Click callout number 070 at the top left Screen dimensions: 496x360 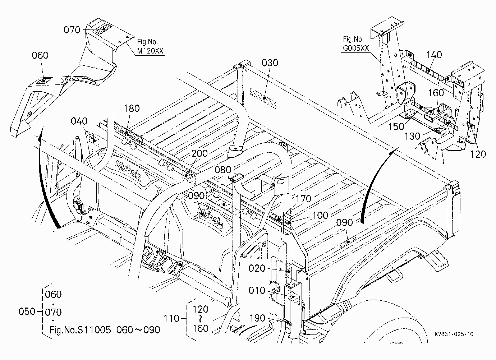coord(72,30)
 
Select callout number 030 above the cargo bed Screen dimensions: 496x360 coord(270,63)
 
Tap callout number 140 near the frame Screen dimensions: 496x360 coord(434,55)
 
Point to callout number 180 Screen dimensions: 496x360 coord(132,109)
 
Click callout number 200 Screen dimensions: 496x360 coord(199,153)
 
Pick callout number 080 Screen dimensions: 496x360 coord(223,170)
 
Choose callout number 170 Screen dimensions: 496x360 coord(303,199)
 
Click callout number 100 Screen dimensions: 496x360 coord(320,216)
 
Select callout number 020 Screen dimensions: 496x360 coord(257,268)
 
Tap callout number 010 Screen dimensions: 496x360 coord(257,291)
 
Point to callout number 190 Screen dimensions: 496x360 coord(257,318)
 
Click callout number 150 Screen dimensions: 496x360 coord(396,126)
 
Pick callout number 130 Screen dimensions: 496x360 coord(413,137)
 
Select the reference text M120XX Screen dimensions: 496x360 coord(150,51)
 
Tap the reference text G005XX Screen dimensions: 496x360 coord(356,48)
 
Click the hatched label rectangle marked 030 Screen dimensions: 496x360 coord(263,98)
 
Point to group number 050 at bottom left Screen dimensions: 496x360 coord(27,311)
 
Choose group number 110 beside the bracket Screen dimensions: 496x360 coord(171,319)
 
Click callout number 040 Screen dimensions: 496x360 coord(79,121)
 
